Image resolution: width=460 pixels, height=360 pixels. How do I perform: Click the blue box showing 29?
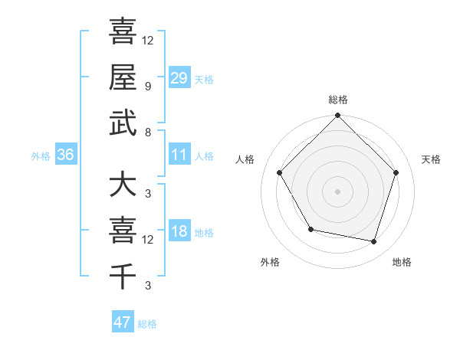coord(179,78)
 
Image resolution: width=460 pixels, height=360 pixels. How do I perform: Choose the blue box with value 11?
coord(179,155)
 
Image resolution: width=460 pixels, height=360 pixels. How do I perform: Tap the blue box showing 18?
coord(179,232)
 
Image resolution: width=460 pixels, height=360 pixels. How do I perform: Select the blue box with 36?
coord(66,155)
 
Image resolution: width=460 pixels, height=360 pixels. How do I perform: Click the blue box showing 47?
coord(123,322)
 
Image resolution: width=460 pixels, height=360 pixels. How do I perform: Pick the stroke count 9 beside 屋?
coord(148,86)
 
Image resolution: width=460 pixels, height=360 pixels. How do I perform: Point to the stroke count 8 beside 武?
coord(148,132)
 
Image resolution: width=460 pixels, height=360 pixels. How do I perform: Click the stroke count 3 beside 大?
coord(148,194)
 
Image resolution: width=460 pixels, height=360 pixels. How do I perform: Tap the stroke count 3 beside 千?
coord(148,286)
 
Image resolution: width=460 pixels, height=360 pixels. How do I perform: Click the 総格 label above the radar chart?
coord(337,100)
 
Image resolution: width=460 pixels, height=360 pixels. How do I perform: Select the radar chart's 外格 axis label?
coord(270,262)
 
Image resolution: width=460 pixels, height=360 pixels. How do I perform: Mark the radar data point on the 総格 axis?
coord(337,116)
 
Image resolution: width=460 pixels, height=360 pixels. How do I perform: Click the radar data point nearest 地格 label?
coord(374,241)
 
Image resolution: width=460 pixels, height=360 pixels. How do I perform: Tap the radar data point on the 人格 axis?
coord(279,172)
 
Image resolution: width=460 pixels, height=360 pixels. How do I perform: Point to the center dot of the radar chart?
coord(337,191)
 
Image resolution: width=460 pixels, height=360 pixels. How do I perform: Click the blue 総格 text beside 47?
coord(147,324)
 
